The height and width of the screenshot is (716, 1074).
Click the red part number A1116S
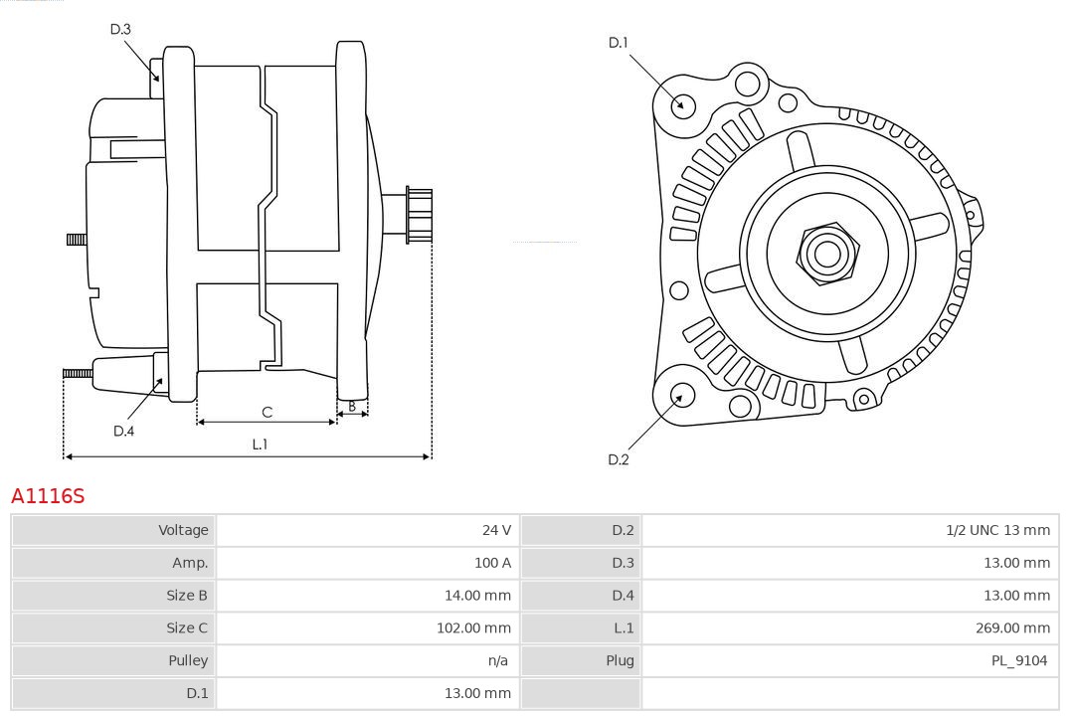(x=48, y=495)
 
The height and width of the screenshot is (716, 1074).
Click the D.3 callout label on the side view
(x=120, y=29)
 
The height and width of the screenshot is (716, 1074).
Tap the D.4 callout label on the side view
(x=123, y=431)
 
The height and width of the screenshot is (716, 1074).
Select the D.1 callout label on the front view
(x=619, y=42)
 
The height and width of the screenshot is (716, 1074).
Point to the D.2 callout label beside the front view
(x=619, y=459)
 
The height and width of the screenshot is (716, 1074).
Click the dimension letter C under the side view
(x=267, y=412)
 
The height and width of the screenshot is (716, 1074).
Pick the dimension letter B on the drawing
(x=352, y=406)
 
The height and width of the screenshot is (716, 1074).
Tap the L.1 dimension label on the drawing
(x=260, y=445)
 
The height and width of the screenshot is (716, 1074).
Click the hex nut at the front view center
(x=827, y=254)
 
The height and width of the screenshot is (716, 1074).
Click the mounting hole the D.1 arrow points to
(x=682, y=103)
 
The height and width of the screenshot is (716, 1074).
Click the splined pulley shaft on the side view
(x=419, y=215)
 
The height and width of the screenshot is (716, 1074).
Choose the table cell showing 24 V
(x=496, y=530)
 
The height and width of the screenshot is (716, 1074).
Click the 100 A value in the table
(x=492, y=563)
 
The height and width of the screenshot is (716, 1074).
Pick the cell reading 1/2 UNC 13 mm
(x=997, y=530)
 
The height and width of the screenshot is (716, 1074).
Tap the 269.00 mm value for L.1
(x=1012, y=627)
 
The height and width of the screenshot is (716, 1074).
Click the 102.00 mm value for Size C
(x=473, y=627)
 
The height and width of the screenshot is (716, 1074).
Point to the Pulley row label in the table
(x=188, y=660)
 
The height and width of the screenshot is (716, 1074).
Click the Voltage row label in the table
(x=183, y=530)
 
